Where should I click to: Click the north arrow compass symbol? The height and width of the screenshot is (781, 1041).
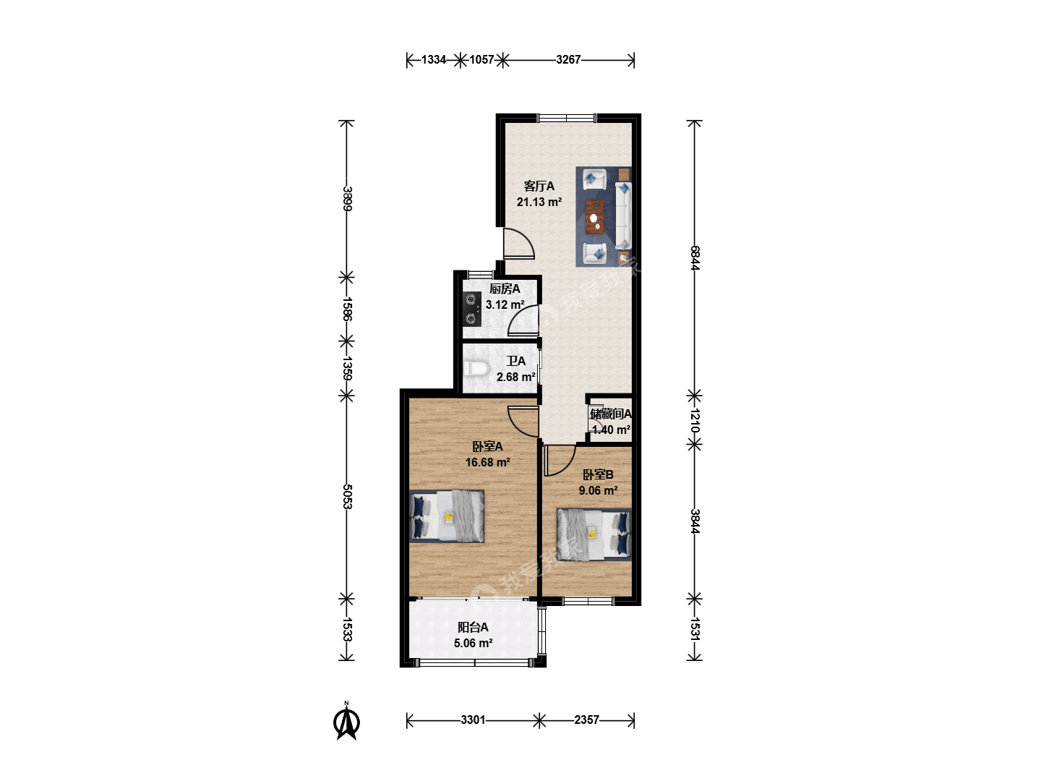pos(347,722)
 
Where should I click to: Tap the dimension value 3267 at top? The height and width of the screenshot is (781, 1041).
pos(568,60)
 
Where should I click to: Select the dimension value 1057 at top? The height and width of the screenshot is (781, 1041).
pos(481,60)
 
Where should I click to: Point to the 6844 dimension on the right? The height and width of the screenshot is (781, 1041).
pos(694,258)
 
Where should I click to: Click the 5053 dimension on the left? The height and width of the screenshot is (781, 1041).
pos(347,497)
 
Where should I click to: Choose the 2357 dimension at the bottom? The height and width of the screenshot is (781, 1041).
pos(587,720)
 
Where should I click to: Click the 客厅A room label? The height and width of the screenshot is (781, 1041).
pos(539,186)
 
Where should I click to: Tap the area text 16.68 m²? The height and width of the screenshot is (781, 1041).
pos(487,462)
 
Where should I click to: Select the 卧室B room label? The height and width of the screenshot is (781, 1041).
pos(598,474)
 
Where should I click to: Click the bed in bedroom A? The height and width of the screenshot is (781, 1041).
pos(447,516)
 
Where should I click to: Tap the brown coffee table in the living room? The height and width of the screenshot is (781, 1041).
pos(595,217)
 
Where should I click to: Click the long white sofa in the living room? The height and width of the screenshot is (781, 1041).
pos(623,215)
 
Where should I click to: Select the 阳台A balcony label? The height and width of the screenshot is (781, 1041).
pos(473,628)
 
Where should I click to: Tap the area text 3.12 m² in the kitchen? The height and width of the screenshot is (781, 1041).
pos(505,304)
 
